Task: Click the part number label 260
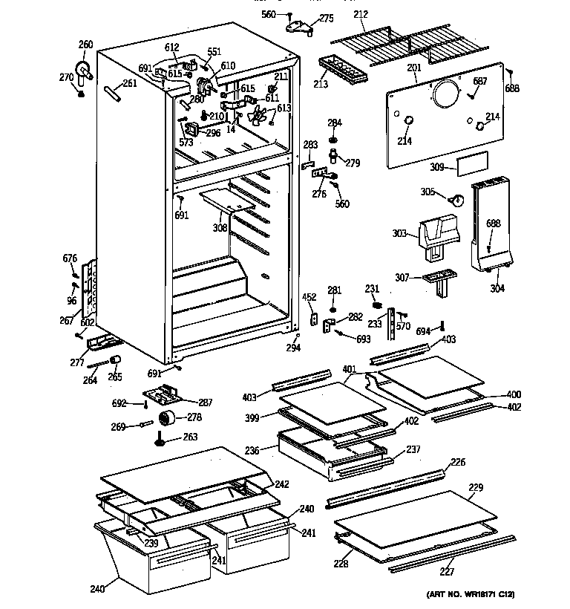(x=86, y=45)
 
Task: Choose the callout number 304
(x=498, y=289)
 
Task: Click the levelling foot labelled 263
(x=160, y=442)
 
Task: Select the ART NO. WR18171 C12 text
(x=471, y=595)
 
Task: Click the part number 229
(x=476, y=488)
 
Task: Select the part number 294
(x=293, y=347)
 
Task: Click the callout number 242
(x=281, y=484)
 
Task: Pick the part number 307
(x=401, y=279)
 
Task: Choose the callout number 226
(x=458, y=463)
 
